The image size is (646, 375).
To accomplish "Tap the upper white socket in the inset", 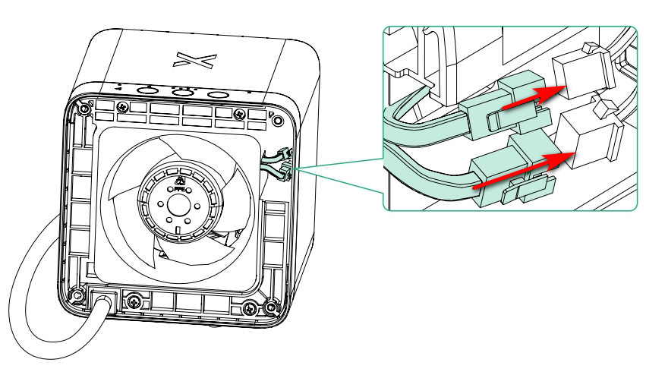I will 582,76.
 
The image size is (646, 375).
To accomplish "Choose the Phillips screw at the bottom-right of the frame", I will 270,308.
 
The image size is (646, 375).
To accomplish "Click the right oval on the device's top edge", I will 219,94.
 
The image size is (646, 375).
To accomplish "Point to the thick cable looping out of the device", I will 30,288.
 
